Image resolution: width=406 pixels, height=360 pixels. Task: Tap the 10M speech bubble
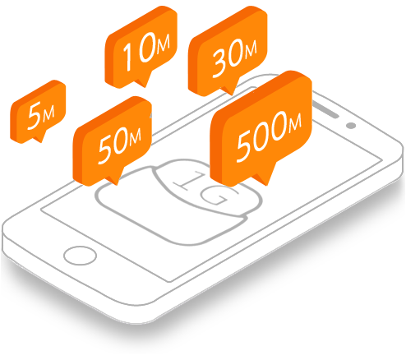click(141, 47)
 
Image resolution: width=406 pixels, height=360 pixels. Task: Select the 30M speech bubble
click(228, 51)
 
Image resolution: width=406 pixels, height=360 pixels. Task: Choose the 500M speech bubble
click(261, 129)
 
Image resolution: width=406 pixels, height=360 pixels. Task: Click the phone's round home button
click(80, 256)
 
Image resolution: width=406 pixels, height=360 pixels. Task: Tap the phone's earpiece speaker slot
click(325, 109)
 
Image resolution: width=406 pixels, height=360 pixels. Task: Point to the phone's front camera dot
click(351, 126)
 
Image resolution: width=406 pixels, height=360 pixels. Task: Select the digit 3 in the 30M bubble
click(220, 64)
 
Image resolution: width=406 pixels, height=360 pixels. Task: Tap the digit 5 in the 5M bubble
click(35, 115)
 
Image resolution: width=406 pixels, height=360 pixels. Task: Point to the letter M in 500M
click(294, 122)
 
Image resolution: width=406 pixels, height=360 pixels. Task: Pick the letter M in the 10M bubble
click(164, 44)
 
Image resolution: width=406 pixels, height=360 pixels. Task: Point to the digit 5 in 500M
click(245, 145)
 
